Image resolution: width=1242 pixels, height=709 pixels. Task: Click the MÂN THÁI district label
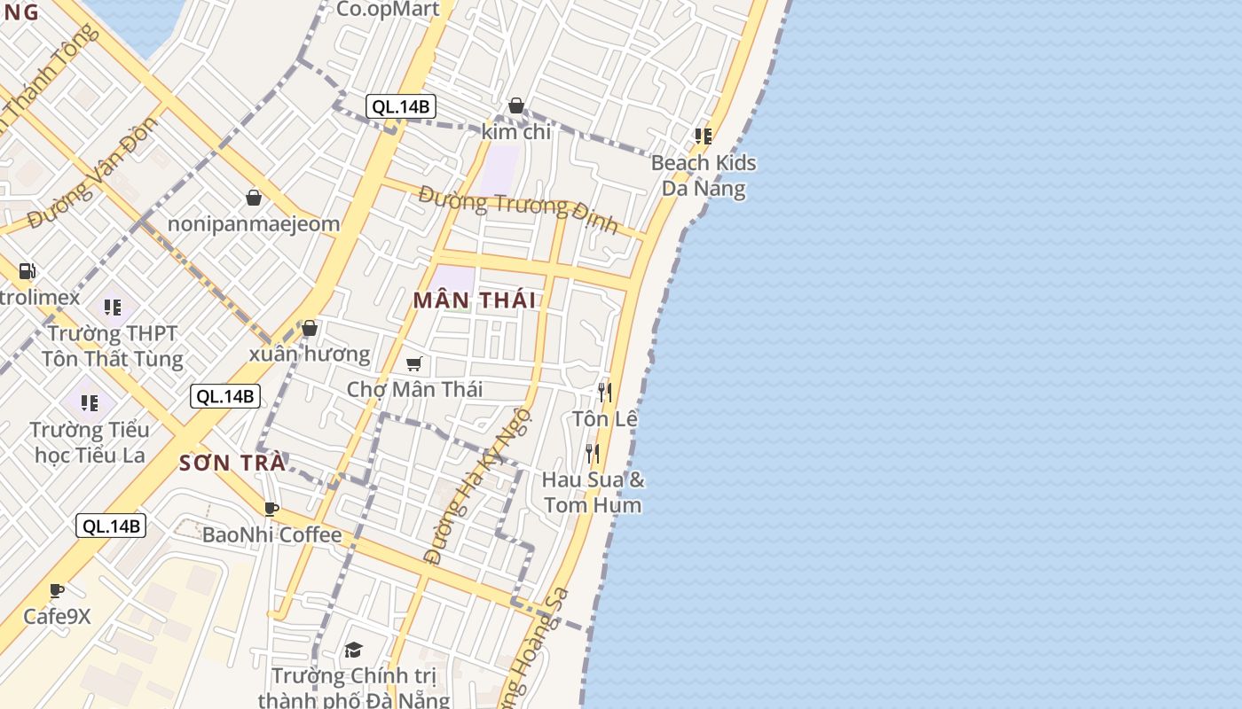coord(475,300)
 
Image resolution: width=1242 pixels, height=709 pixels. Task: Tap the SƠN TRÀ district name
coord(232,463)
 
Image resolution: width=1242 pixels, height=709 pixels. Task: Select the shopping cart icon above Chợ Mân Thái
coord(414,363)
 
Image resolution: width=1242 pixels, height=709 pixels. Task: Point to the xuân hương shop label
coord(309,354)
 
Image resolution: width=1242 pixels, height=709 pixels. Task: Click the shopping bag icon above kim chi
coord(516,106)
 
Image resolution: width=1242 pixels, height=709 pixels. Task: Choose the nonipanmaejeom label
coord(254,224)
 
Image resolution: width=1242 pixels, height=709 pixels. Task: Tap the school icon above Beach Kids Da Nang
coord(704,136)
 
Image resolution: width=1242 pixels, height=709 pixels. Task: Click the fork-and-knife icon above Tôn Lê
coord(605,392)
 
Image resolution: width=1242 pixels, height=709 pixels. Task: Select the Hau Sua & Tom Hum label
coord(593,492)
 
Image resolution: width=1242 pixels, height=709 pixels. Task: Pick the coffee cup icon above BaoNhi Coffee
coord(271,509)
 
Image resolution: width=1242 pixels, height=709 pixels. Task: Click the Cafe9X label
coord(57,616)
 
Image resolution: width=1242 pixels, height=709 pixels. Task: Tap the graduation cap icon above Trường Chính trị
coord(353,651)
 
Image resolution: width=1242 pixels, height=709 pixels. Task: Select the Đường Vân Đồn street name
coord(93,171)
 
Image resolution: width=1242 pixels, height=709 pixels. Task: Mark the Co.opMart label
coord(389,10)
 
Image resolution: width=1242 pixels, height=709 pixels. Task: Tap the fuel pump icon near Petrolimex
coord(28,271)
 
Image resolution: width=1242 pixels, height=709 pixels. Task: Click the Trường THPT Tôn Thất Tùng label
coord(113,347)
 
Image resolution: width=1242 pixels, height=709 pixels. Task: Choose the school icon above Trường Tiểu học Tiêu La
coord(90,403)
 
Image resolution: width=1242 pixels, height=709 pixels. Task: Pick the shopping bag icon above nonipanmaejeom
coord(254,198)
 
